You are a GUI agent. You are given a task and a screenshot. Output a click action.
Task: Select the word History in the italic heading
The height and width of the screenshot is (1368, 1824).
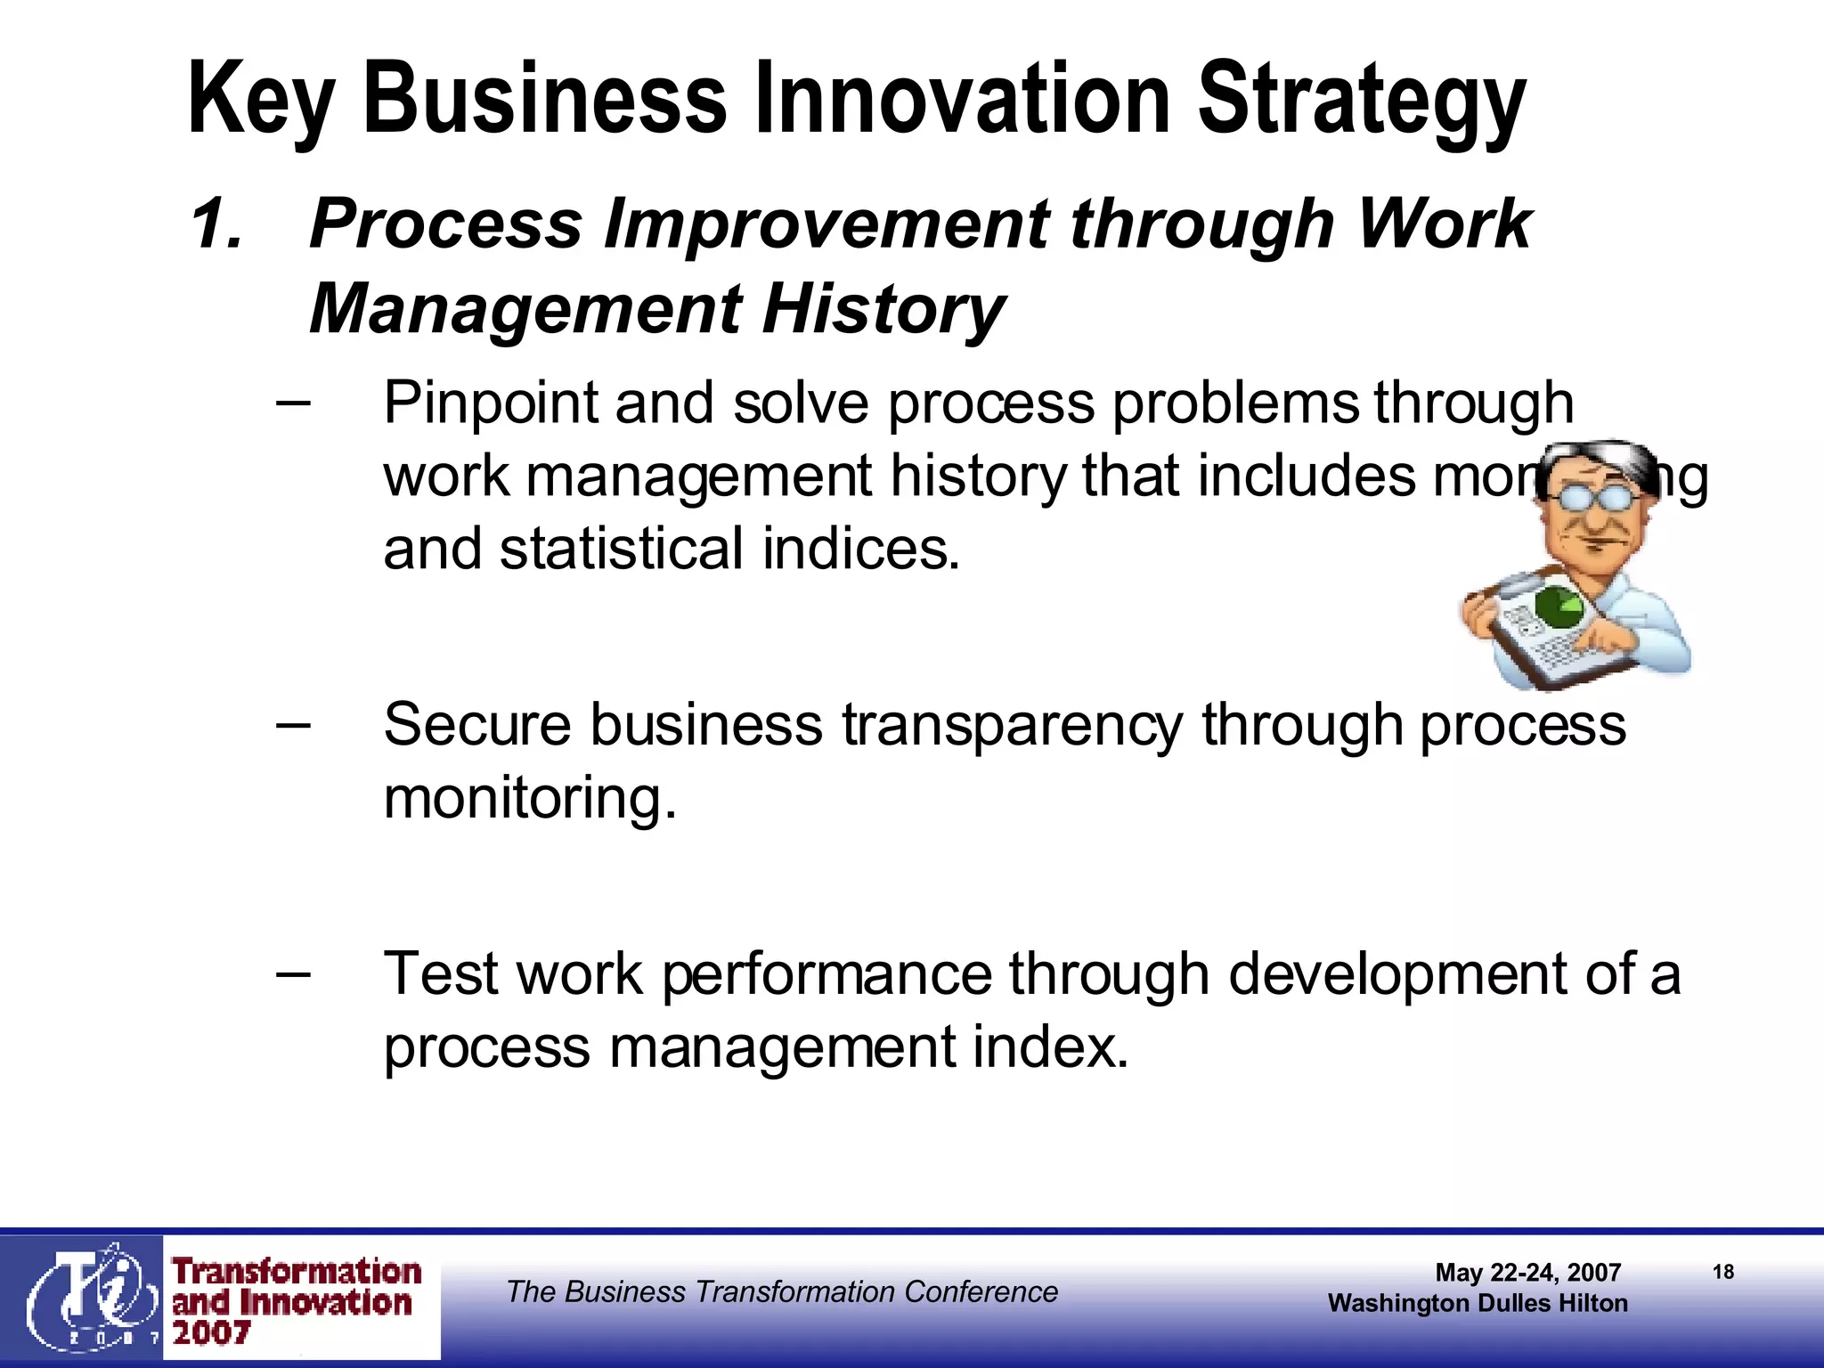click(x=882, y=309)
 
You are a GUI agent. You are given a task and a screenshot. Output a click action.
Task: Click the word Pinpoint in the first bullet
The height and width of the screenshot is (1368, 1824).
click(x=490, y=404)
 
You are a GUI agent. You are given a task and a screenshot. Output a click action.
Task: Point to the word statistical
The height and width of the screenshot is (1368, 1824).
click(x=621, y=549)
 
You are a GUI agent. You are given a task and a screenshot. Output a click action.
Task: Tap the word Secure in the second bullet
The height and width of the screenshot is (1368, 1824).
click(x=477, y=724)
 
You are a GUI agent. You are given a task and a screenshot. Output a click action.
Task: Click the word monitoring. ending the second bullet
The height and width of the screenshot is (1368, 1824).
click(x=530, y=798)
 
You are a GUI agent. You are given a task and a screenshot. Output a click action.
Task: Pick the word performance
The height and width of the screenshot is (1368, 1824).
click(x=826, y=975)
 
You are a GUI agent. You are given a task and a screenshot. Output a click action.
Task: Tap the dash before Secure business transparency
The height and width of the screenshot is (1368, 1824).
click(x=293, y=724)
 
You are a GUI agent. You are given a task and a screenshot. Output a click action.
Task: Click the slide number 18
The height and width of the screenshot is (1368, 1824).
click(x=1722, y=1272)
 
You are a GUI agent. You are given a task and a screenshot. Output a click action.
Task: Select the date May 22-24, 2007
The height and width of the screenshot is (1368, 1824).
click(x=1527, y=1273)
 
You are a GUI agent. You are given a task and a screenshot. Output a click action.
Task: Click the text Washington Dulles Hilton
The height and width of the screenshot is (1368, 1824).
click(x=1478, y=1304)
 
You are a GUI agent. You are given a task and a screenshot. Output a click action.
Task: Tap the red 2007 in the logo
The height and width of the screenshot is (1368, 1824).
click(x=211, y=1333)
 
